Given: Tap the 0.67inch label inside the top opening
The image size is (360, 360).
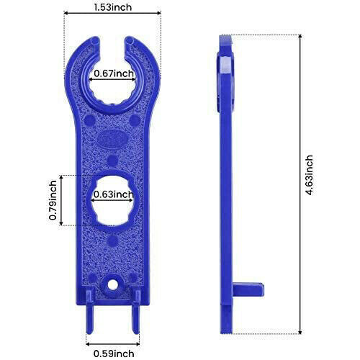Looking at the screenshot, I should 113,73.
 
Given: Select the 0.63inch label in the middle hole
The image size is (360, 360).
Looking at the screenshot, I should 113,194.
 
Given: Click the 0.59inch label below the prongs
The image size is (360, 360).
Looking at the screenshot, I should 113,353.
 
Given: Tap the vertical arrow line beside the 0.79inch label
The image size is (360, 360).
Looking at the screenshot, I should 63,199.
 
